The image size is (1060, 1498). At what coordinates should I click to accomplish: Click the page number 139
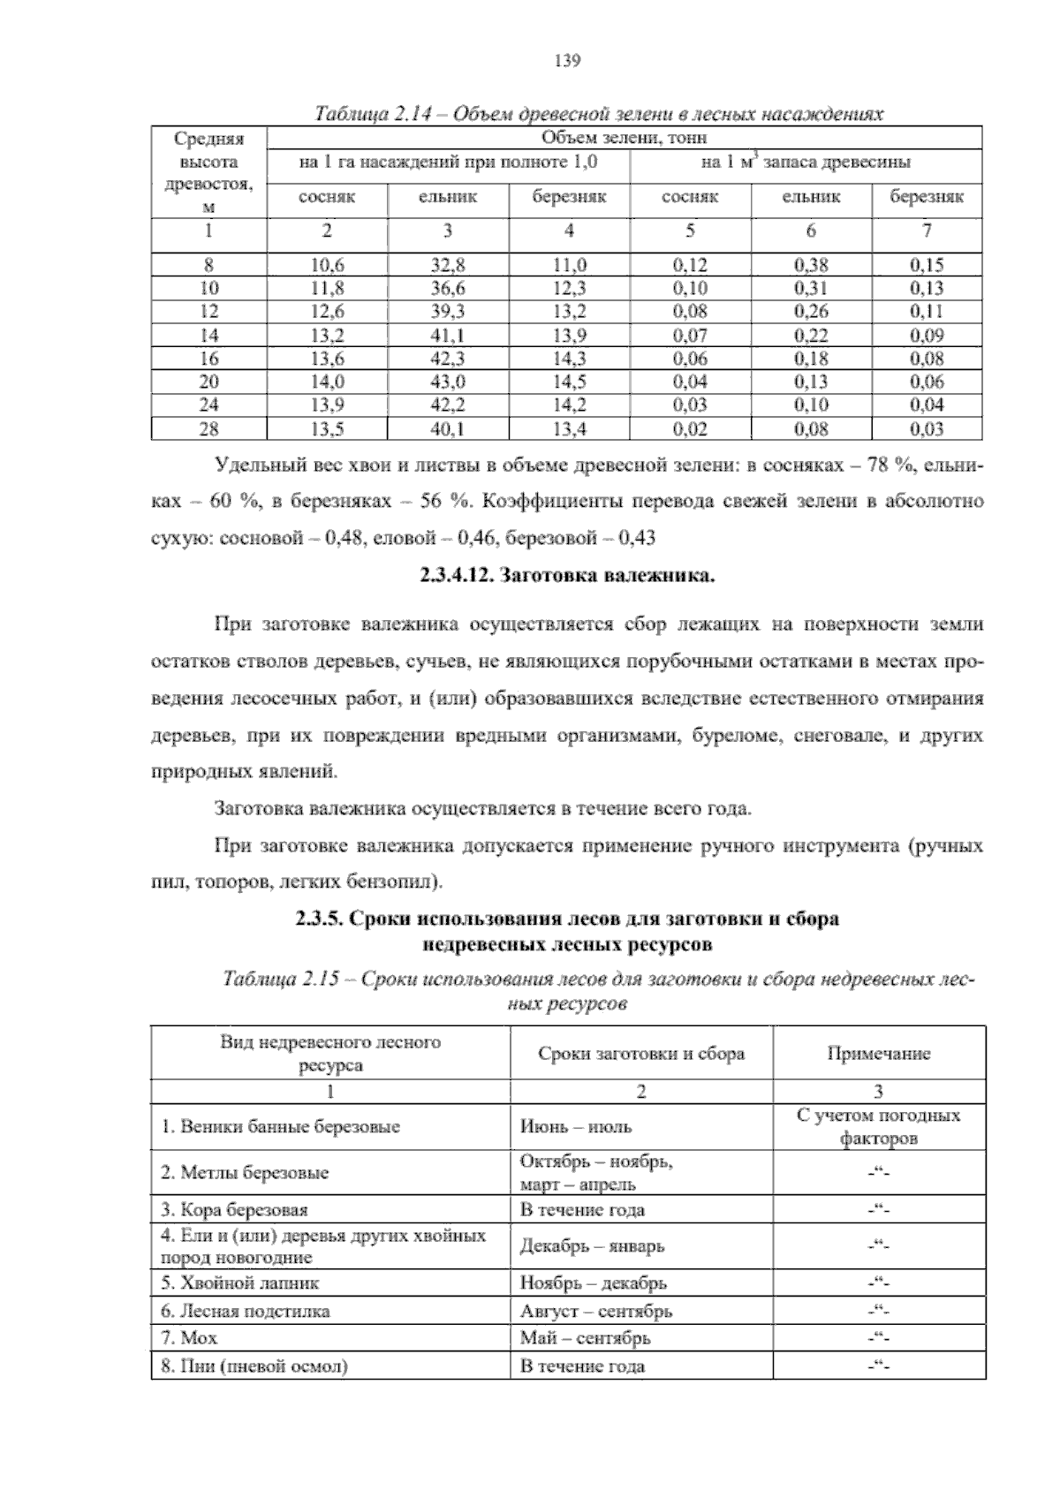[565, 61]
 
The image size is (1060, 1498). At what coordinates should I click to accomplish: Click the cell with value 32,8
[448, 264]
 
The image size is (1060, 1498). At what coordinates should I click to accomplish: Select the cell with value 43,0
[448, 382]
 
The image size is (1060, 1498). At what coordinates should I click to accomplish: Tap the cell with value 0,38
[811, 264]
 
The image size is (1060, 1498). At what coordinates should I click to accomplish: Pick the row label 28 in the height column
[209, 429]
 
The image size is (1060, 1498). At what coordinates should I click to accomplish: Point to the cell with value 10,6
[328, 264]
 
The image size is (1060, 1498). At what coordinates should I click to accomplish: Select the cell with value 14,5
[570, 382]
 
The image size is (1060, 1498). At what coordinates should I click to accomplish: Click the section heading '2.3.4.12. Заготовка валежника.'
[566, 578]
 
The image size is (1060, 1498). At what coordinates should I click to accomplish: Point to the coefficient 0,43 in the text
[637, 537]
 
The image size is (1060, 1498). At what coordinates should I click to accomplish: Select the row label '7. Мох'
[189, 1338]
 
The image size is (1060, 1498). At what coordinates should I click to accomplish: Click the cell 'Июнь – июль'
[576, 1127]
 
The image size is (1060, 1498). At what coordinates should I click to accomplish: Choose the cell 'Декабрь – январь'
[592, 1246]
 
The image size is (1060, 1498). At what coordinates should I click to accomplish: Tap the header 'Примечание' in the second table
[878, 1054]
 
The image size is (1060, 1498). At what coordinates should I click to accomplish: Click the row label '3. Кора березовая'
[234, 1210]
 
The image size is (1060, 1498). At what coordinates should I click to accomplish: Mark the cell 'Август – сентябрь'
[595, 1311]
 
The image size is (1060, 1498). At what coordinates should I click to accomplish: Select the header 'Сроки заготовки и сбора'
[640, 1054]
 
